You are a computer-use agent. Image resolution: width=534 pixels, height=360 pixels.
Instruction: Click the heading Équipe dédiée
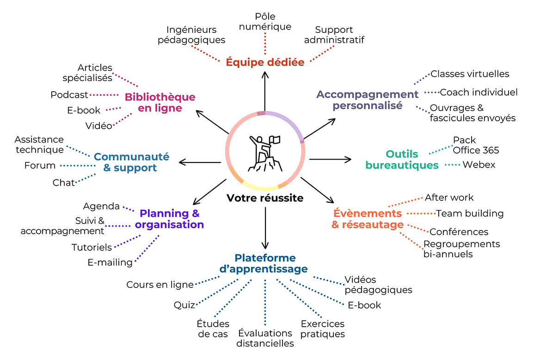coord(265,62)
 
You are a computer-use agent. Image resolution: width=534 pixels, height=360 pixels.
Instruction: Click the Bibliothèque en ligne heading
coord(160,103)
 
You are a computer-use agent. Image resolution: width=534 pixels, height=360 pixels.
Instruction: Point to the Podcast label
coord(69,95)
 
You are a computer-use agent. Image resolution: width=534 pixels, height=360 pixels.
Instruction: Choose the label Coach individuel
coord(479,92)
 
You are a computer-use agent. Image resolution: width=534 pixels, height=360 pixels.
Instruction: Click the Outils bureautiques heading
coord(395,160)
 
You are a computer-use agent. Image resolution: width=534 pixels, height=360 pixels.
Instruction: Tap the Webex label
coord(479,164)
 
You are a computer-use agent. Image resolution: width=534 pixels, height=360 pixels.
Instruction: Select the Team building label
coord(470,213)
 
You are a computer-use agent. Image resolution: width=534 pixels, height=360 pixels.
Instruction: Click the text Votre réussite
coord(265,198)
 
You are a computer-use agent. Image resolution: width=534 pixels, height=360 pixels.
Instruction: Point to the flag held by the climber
coord(275,139)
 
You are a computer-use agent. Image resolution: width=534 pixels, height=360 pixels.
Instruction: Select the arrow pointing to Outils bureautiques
coord(330,159)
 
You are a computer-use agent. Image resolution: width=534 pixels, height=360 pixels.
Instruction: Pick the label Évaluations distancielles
coord(265,338)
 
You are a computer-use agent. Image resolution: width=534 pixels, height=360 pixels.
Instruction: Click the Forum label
coord(40,165)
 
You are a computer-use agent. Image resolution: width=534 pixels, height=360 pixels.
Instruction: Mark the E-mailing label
coord(110,262)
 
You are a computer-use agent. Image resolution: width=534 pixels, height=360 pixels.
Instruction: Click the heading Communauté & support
coord(132,162)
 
